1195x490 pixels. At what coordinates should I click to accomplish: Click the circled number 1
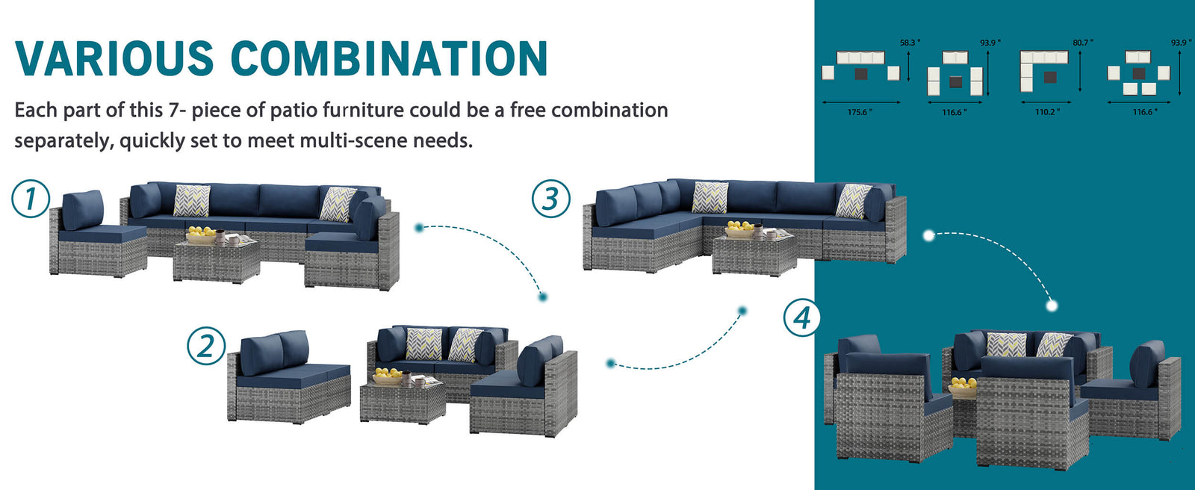pos(31,199)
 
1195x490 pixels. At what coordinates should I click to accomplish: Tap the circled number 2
pos(206,346)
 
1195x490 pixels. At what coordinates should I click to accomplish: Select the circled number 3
pos(550,198)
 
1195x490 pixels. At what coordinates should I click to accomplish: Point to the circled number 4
pos(802,317)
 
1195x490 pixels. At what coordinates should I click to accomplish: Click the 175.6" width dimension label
pos(860,112)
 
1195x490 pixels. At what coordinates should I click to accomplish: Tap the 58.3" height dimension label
pos(910,42)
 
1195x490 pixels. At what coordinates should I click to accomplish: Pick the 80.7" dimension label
pos(1083,42)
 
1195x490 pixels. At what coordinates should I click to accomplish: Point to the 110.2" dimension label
pos(1047,112)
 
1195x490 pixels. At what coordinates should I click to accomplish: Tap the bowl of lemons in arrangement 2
pos(388,376)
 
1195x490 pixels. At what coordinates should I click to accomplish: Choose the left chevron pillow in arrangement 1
pos(191,201)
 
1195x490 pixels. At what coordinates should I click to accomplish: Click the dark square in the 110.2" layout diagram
pos(1050,78)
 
